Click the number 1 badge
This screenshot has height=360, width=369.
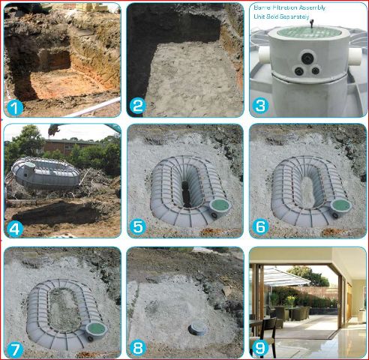point(14,108)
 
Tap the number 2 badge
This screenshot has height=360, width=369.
point(138,106)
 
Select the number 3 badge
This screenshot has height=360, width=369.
point(260,106)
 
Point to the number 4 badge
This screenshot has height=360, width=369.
point(14,229)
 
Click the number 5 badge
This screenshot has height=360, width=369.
point(138,227)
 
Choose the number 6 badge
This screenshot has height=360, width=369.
point(260,227)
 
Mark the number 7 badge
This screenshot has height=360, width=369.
point(14,349)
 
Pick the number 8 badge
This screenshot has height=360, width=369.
point(138,348)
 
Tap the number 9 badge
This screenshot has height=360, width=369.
point(260,348)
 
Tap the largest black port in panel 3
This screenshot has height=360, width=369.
point(307,58)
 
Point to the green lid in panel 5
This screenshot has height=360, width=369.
point(220,205)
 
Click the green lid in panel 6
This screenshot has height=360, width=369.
point(342,205)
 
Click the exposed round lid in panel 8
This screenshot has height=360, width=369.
point(197,329)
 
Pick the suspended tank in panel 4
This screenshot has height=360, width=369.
point(45,173)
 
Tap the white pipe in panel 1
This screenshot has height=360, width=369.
point(93,108)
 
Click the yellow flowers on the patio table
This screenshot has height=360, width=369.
point(290,300)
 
